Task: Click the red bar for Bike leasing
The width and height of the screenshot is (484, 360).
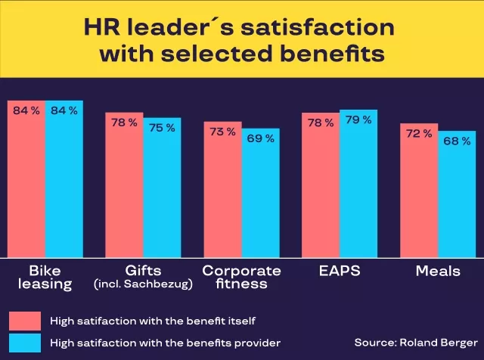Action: [26, 182]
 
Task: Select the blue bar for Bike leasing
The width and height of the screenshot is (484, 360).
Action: [64, 182]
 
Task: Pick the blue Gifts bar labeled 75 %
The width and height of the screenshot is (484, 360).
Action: [163, 189]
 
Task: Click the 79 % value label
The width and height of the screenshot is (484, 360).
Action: [358, 119]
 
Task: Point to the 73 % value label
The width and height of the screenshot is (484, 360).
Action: [222, 132]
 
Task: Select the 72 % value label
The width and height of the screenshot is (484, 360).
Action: [419, 133]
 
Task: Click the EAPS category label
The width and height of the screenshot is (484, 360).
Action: [340, 271]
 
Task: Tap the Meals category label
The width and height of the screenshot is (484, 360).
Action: [438, 271]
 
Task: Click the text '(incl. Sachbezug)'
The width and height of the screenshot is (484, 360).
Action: [144, 284]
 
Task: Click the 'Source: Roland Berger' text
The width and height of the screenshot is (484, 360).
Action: [415, 343]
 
